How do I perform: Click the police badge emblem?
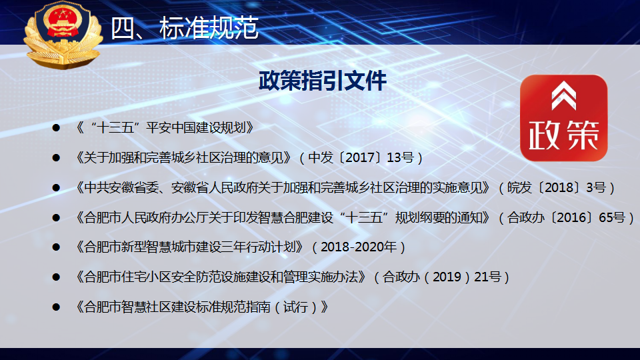[x=63, y=34]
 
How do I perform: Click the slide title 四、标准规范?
[x=185, y=28]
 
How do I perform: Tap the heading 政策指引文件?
[x=323, y=81]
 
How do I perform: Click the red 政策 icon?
[x=564, y=117]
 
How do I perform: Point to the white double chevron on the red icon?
[x=564, y=95]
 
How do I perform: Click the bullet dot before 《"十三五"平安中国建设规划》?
[x=56, y=128]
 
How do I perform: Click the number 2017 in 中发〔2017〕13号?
[x=360, y=157]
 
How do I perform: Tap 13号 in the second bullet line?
[x=401, y=157]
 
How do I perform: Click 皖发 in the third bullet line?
[x=519, y=187]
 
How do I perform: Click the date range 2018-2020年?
[x=359, y=247]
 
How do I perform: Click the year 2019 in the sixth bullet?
[x=447, y=277]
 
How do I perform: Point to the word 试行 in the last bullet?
[x=295, y=307]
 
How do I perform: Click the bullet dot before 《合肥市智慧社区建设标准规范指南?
[x=56, y=307]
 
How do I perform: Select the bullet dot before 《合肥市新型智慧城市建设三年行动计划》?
[x=56, y=247]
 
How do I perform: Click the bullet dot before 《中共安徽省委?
[x=56, y=188]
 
